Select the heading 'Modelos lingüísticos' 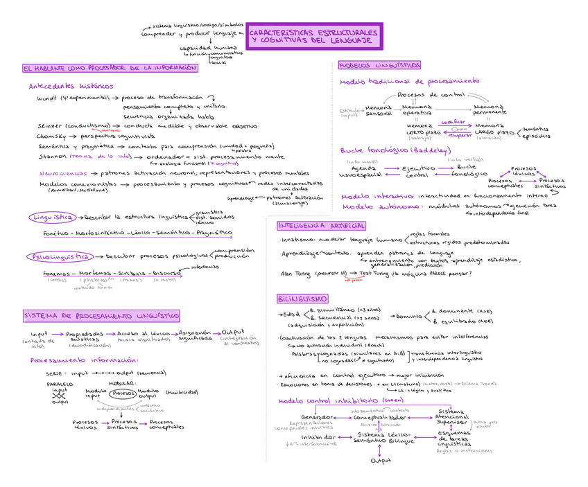click(379, 65)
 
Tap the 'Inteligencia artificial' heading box click(320, 226)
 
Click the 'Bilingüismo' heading click(302, 299)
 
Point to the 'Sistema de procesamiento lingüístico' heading click(101, 316)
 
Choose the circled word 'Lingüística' click(53, 217)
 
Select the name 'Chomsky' click(51, 136)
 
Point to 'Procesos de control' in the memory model click(431, 94)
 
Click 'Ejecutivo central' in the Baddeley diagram click(417, 171)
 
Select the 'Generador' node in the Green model click(318, 417)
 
